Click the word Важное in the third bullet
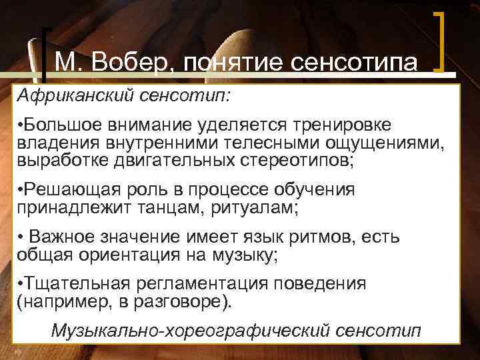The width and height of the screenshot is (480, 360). click(x=69, y=237)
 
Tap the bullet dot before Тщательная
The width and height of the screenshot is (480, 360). click(x=21, y=284)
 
